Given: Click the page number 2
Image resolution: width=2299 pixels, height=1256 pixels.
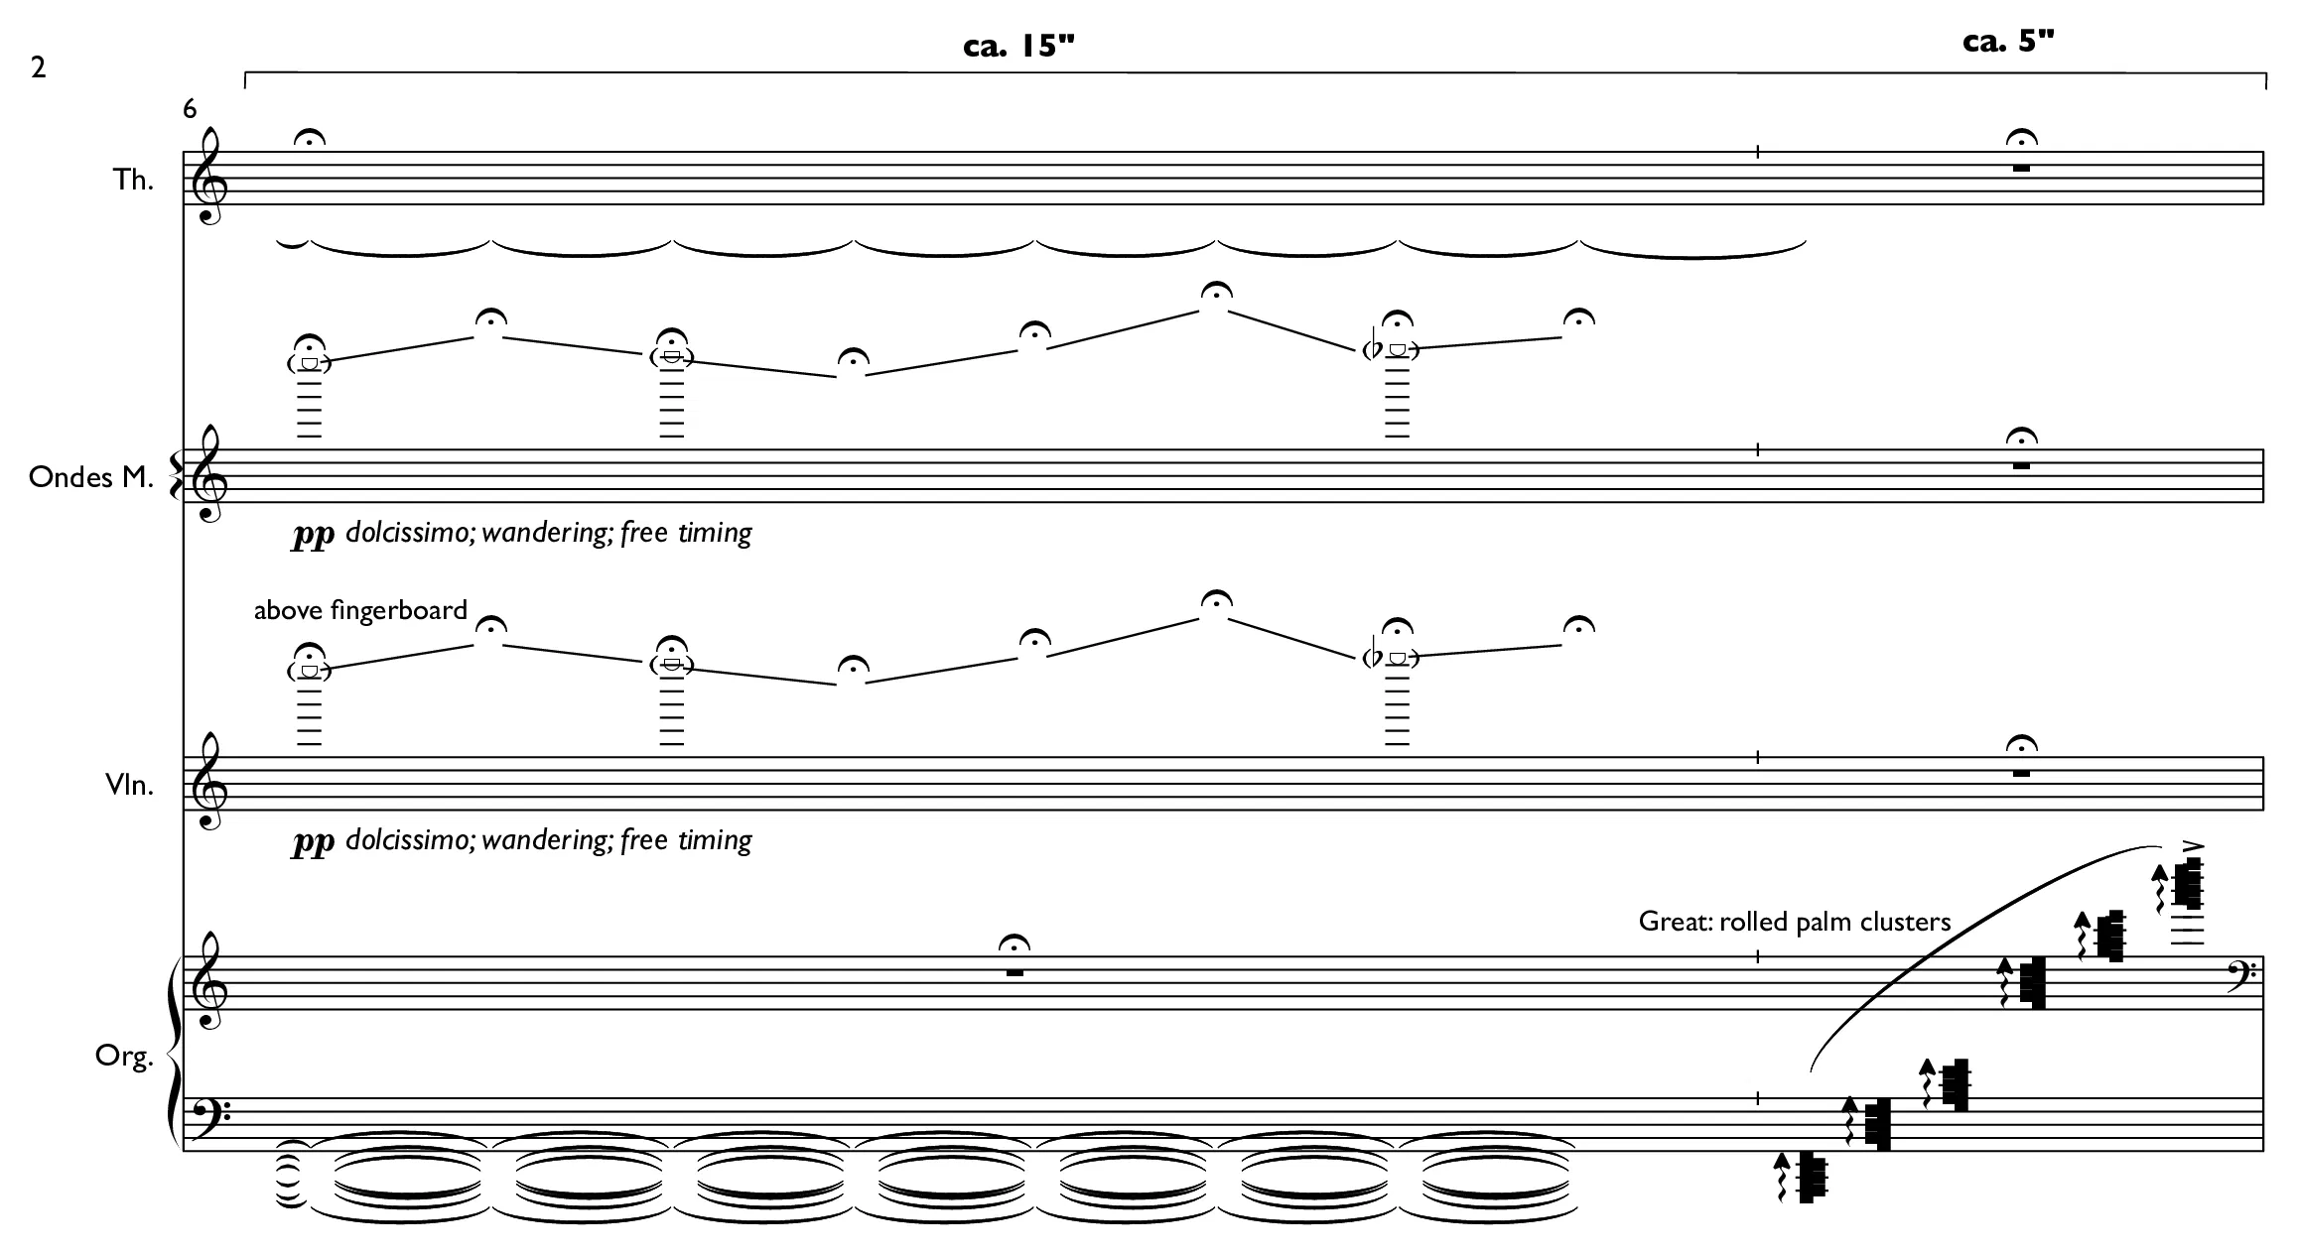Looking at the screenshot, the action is coord(39,67).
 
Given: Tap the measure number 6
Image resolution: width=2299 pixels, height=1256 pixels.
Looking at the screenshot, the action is coord(191,109).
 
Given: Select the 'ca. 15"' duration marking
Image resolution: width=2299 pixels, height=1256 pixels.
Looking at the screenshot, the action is coord(1019,46).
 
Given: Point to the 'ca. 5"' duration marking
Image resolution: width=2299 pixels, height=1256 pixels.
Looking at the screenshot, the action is coord(2008,41).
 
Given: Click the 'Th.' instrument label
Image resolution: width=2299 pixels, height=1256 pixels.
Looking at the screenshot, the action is coord(133,180).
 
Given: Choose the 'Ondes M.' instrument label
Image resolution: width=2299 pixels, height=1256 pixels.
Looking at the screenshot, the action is coord(91,477).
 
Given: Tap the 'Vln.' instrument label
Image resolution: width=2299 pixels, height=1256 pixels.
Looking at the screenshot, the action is coord(130,785).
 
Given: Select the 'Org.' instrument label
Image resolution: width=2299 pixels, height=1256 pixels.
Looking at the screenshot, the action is coord(125,1058).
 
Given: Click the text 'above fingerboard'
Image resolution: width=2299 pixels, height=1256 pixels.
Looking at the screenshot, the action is coord(360,610).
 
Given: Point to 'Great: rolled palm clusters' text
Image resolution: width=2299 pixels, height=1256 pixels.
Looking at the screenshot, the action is coord(1795,922).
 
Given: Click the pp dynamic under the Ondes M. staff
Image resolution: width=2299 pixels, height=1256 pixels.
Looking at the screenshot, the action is coord(312,535).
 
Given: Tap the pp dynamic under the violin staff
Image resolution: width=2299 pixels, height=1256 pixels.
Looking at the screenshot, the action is coord(312,842).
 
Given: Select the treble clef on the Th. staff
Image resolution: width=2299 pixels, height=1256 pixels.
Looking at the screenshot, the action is coord(209,177).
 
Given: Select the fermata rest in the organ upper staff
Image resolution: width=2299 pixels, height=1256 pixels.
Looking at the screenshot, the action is coord(1014,957).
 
